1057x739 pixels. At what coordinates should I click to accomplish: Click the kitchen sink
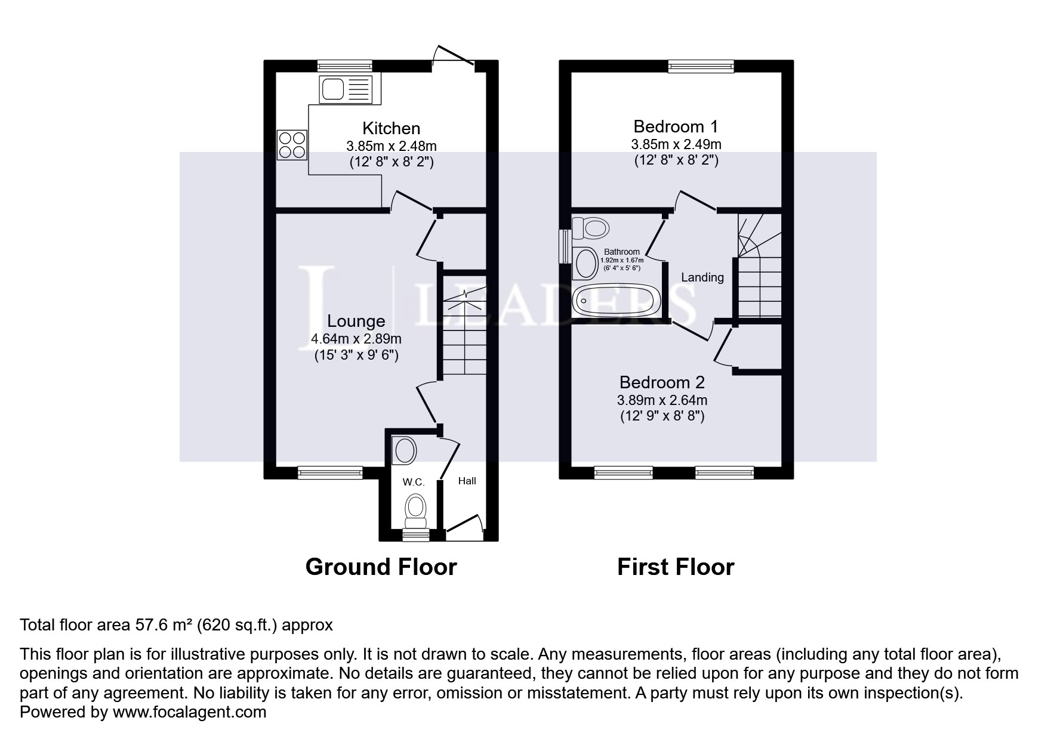346,89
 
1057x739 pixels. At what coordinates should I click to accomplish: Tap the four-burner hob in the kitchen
292,145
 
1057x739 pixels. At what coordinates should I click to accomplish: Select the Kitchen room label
392,128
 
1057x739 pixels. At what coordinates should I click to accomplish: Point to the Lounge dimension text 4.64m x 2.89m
356,339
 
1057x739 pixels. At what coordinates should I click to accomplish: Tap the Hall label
467,481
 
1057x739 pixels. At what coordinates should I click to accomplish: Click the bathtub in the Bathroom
617,301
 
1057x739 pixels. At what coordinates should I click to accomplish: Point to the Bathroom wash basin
585,263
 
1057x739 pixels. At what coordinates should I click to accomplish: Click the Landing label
702,277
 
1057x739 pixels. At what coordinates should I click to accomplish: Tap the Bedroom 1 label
676,126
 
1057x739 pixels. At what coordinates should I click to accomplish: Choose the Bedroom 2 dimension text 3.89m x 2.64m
662,401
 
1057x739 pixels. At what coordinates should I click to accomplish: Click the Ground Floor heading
381,567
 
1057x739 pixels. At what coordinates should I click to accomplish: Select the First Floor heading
676,567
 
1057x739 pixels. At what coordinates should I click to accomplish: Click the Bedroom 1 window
701,66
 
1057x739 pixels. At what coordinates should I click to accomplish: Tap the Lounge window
330,472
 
